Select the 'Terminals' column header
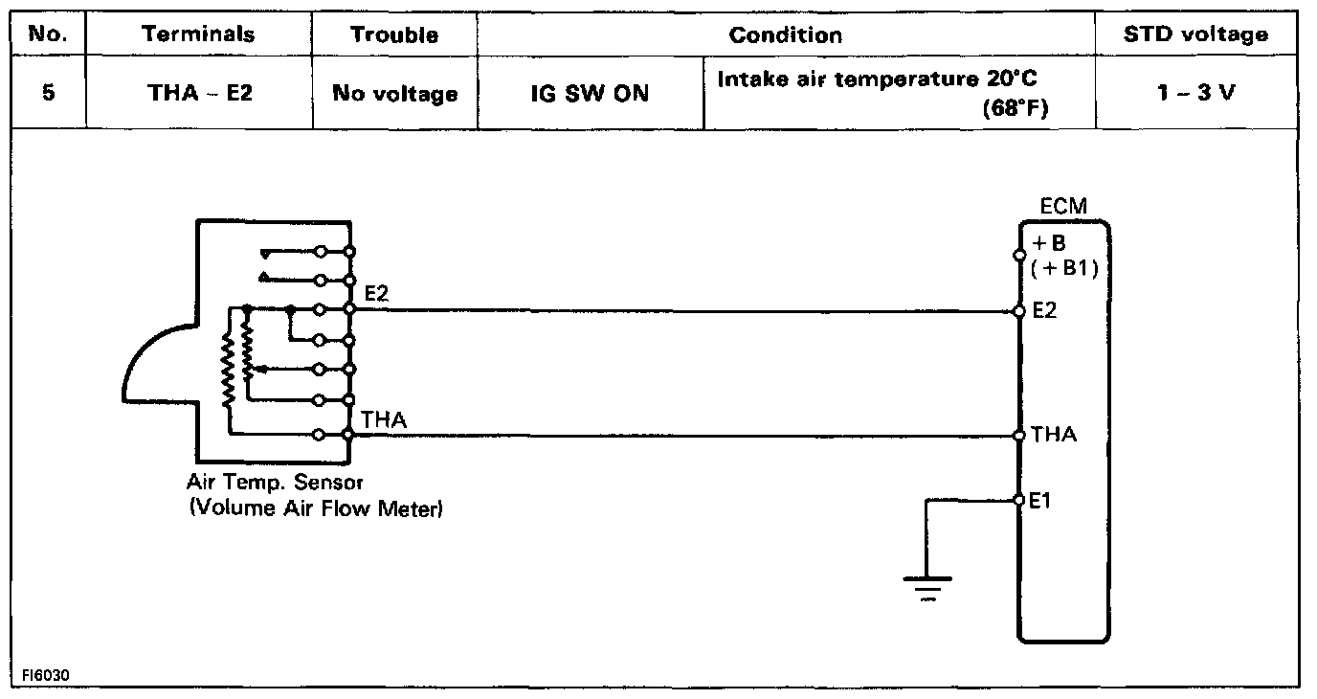[x=198, y=35]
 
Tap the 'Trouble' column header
[x=394, y=35]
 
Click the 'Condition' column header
[x=786, y=35]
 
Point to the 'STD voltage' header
[x=1196, y=35]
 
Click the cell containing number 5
[x=47, y=94]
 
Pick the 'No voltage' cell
[x=394, y=94]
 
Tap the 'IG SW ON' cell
[x=591, y=94]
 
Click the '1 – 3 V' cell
[x=1195, y=94]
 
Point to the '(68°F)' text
[x=1015, y=108]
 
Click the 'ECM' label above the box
[x=1062, y=206]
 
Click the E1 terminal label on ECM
[x=1040, y=500]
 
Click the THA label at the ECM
[x=1054, y=436]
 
